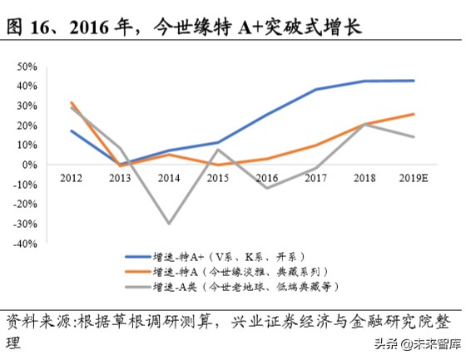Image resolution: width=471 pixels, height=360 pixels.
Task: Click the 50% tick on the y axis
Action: pos(49,66)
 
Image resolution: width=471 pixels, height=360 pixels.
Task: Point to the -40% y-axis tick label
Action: pos(47,244)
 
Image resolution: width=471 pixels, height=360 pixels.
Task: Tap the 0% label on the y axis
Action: pos(52,165)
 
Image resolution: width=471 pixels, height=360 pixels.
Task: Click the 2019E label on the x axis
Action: pos(414,177)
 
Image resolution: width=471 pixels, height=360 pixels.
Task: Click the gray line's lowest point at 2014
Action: pos(170,224)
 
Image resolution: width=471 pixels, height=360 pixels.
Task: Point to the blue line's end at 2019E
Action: pos(414,81)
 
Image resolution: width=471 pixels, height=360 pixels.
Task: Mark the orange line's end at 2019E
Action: pos(414,114)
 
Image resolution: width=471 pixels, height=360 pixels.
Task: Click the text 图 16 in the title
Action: pos(32,27)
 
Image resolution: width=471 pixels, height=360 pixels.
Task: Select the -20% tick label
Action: pos(47,205)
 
